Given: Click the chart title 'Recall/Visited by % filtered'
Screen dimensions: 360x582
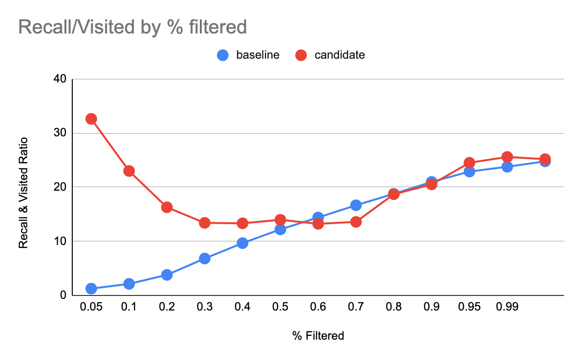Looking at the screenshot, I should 132,27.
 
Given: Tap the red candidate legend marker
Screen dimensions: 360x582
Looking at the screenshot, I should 301,55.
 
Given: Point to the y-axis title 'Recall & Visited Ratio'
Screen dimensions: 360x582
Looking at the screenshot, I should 23,193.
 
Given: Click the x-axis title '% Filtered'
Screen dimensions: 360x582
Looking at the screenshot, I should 318,335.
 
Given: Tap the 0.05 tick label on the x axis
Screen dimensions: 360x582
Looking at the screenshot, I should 91,308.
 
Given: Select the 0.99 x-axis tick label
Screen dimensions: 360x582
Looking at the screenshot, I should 507,308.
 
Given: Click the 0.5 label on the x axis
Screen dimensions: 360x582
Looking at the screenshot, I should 280,308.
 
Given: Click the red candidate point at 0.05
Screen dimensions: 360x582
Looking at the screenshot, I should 91,119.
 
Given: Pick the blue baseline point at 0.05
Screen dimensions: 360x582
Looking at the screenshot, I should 91,289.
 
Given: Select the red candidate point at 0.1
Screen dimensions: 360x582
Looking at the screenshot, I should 129,171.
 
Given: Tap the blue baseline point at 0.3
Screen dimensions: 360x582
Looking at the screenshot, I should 205,258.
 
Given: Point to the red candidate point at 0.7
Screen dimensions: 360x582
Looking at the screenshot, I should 356,222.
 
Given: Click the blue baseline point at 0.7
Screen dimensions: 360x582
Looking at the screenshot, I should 356,205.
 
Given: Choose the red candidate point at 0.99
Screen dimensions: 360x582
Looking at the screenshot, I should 507,157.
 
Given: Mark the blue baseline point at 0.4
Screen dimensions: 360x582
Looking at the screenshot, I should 242,243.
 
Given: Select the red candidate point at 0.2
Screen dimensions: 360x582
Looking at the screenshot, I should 167,207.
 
